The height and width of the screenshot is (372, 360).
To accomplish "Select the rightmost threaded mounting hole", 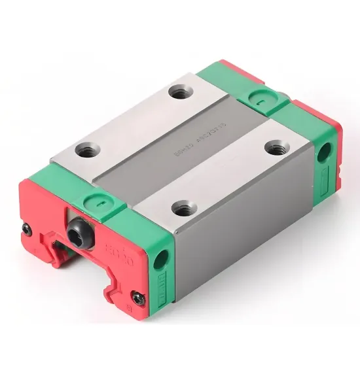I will click(x=273, y=148).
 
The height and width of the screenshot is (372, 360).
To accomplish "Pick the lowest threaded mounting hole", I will click(x=181, y=209).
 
